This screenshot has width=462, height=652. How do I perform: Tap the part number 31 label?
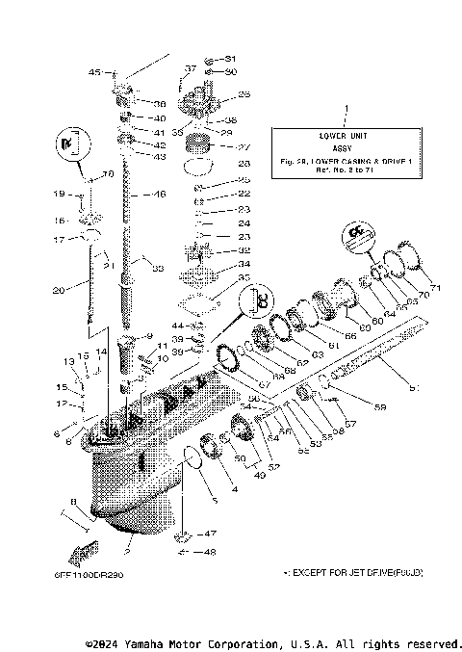click(230, 59)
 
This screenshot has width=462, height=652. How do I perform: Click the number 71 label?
click(434, 288)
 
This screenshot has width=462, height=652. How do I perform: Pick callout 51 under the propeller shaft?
click(415, 388)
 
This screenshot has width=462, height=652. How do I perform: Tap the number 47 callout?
click(212, 533)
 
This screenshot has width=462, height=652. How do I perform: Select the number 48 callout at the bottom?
click(212, 552)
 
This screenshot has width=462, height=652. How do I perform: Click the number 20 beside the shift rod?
click(58, 288)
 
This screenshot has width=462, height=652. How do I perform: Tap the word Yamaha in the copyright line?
click(149, 642)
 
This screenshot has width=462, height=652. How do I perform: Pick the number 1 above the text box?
click(346, 112)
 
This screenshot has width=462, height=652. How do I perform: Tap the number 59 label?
click(379, 408)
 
